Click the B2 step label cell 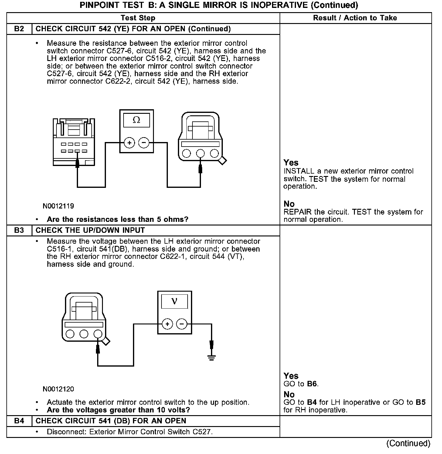coord(19,29)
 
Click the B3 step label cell coord(19,230)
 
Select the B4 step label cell coord(19,421)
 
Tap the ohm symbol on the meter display coord(137,120)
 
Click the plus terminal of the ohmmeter coord(129,143)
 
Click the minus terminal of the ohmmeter coord(144,143)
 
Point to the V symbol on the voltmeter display coord(174,301)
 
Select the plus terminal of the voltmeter coord(167,324)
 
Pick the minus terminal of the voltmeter coord(182,324)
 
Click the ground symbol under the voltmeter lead coord(212,357)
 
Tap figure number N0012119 coord(58,206)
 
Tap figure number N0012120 coord(58,389)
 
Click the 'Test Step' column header coord(138,18)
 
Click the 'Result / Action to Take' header coord(355,18)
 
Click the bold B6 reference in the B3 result coord(312,384)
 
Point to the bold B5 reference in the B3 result coord(420,402)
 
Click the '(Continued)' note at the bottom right coord(408,444)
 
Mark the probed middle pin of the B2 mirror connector coord(200,154)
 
